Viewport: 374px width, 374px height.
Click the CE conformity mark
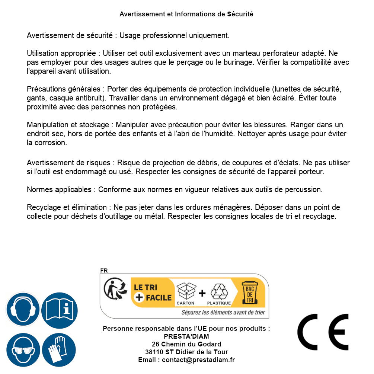(x=323, y=332)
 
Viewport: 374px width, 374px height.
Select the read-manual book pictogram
(x=60, y=309)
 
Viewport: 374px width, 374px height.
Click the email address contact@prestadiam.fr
(x=198, y=360)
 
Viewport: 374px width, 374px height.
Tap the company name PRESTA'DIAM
(x=186, y=336)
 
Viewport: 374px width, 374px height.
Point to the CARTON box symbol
(x=186, y=291)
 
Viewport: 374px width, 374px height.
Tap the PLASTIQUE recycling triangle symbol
(x=219, y=291)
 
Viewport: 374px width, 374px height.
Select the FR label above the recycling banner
(x=104, y=271)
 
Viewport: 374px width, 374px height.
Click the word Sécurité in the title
(x=240, y=14)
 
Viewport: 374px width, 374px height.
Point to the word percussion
(x=303, y=189)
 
